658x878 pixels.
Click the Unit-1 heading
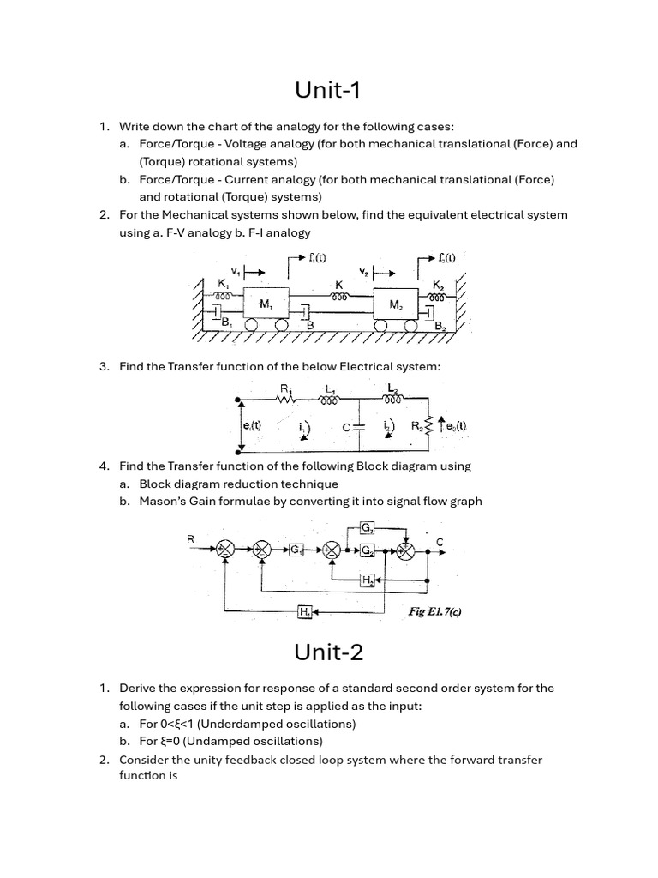[x=329, y=89]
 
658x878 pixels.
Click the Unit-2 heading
[x=329, y=652]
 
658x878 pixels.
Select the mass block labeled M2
[x=396, y=304]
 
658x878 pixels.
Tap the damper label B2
[x=440, y=327]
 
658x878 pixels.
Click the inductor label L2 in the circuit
[x=392, y=388]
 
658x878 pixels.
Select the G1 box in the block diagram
[x=296, y=550]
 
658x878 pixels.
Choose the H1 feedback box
[x=304, y=611]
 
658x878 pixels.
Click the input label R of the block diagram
[x=191, y=538]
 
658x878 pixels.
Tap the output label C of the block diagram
[x=440, y=541]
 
